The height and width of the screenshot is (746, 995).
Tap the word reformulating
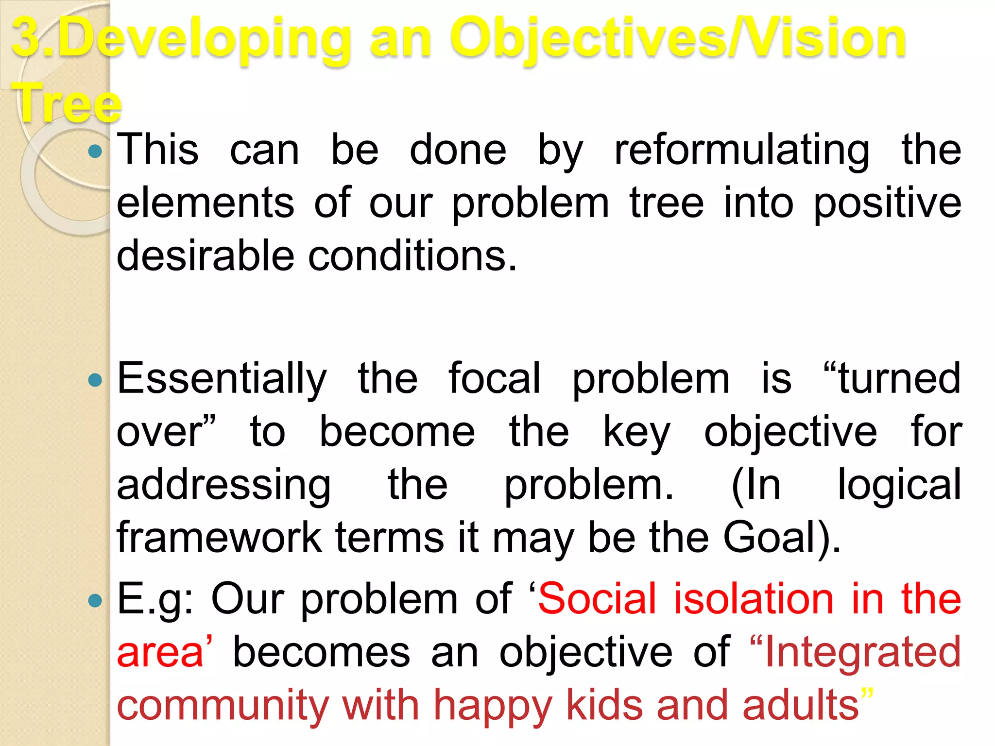click(742, 151)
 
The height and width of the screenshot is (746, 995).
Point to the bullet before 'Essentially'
click(96, 380)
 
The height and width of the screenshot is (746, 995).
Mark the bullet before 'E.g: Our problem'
click(96, 601)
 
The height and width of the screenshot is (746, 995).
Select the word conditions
click(412, 256)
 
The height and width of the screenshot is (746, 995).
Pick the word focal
click(494, 378)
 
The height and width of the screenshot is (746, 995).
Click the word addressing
click(224, 485)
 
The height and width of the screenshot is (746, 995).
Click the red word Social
click(598, 599)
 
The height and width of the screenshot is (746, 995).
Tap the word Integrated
click(863, 652)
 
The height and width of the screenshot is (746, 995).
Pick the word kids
click(605, 705)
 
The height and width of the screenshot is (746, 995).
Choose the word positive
click(887, 204)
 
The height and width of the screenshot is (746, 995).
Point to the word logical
click(899, 485)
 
